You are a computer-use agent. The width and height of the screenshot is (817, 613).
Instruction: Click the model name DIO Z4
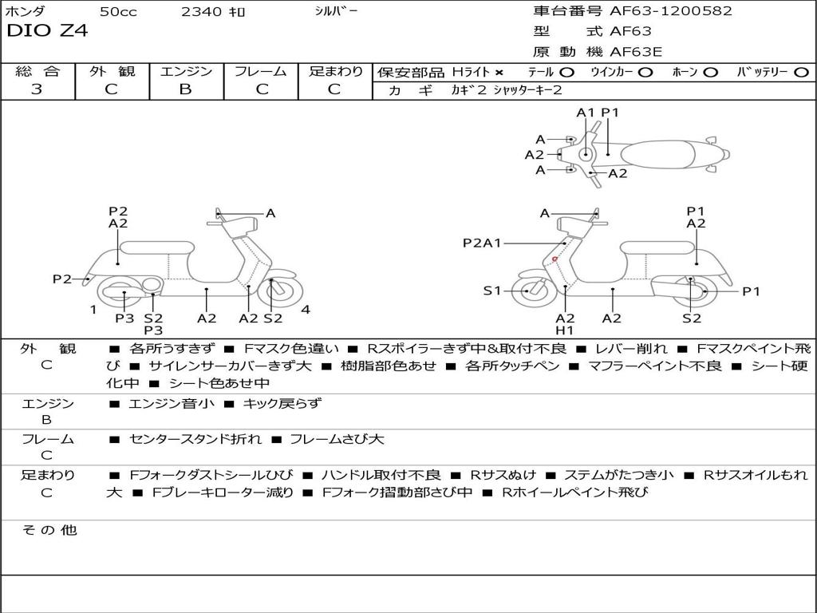pos(47,31)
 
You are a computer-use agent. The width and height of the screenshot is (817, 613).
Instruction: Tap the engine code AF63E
pos(636,53)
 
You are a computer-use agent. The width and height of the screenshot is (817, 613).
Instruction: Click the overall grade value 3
pos(37,89)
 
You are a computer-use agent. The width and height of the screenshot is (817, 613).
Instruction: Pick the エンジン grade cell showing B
pos(185,89)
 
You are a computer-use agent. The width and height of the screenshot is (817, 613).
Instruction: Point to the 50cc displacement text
pos(117,12)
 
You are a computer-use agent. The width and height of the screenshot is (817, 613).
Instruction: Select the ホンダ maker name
pos(26,12)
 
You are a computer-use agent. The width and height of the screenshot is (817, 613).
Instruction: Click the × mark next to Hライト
pos(499,73)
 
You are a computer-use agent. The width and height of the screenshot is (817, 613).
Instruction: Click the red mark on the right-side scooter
pos(555,259)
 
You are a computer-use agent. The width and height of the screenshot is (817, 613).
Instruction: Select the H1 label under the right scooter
pos(565,330)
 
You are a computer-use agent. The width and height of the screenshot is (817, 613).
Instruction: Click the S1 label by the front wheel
pos(492,291)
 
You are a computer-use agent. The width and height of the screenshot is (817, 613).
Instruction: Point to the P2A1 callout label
pos(482,243)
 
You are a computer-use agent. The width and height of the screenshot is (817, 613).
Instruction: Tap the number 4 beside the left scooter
pos(306,310)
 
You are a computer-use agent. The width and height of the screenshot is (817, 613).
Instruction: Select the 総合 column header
pos(37,71)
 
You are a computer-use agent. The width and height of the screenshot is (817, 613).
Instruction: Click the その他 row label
pos(48,530)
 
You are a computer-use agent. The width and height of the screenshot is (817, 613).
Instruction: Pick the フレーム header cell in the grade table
pos(260,71)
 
